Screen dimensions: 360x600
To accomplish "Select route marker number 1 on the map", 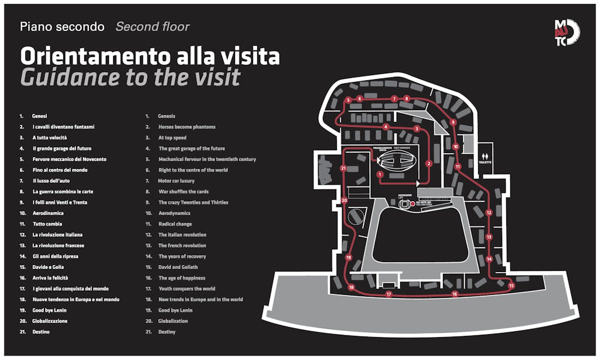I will (x=380, y=174).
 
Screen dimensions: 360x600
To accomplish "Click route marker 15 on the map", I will (x=511, y=286).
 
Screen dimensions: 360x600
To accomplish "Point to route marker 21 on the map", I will (x=343, y=168).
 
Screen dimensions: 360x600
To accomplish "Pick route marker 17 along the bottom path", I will (x=388, y=294).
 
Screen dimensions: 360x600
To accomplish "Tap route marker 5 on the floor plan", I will (x=348, y=100).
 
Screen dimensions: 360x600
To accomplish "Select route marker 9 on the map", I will (x=453, y=122).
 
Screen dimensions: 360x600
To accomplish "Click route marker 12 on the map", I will (x=489, y=212).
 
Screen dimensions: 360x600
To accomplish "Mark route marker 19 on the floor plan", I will (x=348, y=257).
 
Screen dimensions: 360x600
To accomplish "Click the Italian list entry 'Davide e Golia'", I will (x=49, y=267).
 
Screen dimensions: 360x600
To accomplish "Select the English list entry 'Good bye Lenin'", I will (x=175, y=310).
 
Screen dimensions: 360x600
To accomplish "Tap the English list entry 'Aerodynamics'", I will (x=175, y=213).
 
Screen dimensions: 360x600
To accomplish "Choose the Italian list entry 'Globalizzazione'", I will (x=50, y=321).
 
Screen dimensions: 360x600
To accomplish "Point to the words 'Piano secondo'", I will (x=62, y=26).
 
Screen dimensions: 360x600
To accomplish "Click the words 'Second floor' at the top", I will (x=152, y=26).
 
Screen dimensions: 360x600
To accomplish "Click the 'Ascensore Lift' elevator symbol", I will (x=403, y=203).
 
